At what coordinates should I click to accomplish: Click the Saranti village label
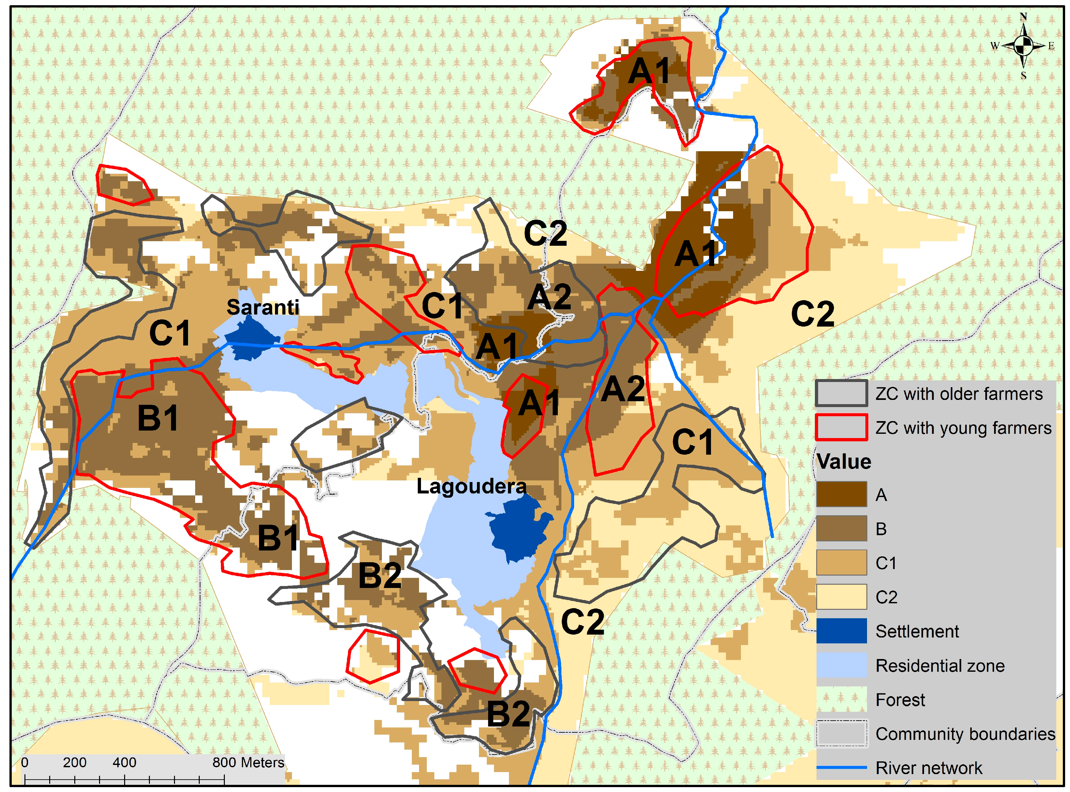263,307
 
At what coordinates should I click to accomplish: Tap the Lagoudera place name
471,487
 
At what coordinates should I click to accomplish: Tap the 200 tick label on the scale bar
74,762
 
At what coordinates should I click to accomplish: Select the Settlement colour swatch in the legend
841,631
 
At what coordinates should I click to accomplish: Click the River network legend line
841,768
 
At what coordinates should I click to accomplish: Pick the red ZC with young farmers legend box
841,427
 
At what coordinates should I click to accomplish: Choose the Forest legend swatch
841,699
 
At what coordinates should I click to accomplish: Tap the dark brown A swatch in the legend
841,494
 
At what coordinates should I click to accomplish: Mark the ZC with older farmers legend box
841,393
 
